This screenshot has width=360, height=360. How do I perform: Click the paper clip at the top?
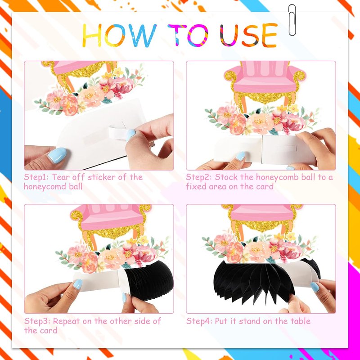[x=292, y=20]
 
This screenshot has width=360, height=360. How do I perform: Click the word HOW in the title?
[x=119, y=35]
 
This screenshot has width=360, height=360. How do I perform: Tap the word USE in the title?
[x=249, y=35]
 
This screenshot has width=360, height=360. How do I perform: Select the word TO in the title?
[x=188, y=35]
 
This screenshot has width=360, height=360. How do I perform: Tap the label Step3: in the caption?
[x=36, y=321]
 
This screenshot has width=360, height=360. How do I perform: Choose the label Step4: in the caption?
[x=199, y=321]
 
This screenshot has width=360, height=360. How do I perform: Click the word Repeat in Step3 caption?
[x=66, y=321]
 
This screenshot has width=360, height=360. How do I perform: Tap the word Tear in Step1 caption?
[x=60, y=177]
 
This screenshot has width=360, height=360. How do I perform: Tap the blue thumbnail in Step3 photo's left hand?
[x=77, y=284]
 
